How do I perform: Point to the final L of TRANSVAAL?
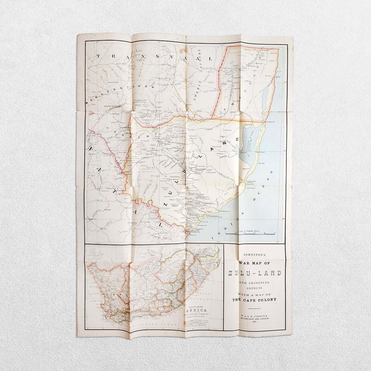pos(211,59)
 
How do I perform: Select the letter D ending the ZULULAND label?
pos(237,140)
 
